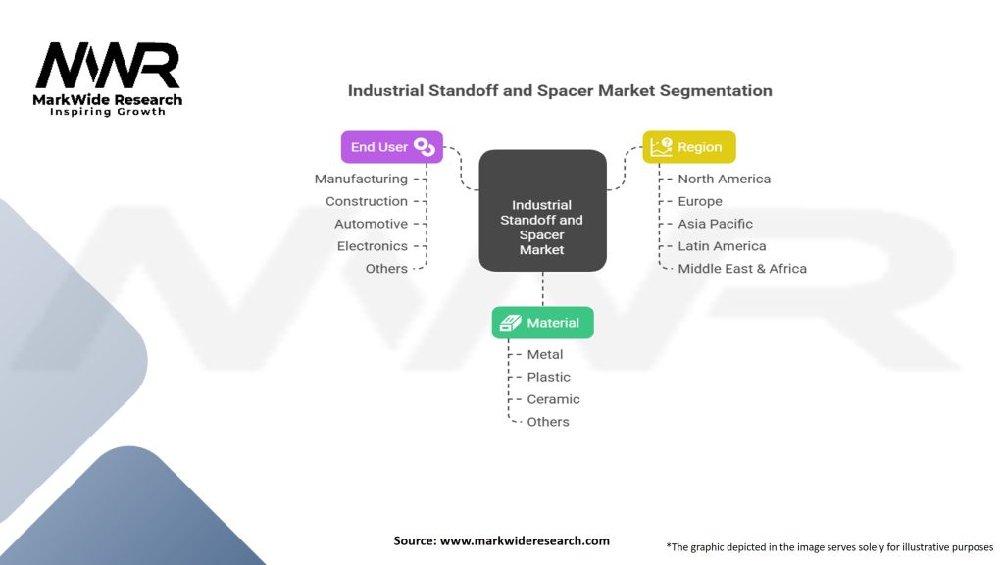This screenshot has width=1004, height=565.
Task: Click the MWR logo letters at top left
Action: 108,66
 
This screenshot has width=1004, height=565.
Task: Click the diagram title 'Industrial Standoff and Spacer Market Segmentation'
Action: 560,90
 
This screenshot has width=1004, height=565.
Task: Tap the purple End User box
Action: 391,147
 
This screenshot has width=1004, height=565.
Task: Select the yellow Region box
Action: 688,147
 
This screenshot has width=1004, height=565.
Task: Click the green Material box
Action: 542,323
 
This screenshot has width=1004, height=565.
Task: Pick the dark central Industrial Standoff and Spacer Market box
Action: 542,210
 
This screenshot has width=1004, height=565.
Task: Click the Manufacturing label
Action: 361,179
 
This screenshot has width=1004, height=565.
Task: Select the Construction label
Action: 367,201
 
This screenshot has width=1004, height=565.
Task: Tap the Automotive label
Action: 371,224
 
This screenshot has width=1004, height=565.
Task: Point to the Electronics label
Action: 372,246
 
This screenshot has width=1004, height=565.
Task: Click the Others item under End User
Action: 386,269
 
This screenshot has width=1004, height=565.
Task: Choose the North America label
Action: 724,179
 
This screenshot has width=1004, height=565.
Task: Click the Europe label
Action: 700,201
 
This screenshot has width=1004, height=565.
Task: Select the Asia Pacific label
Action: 715,224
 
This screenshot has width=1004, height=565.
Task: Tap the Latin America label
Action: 722,246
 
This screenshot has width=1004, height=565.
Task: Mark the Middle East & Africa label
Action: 742,269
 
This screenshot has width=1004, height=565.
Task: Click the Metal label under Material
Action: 545,354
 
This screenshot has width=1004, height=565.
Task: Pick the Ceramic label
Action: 553,399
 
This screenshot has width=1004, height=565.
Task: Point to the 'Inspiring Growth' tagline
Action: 108,112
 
